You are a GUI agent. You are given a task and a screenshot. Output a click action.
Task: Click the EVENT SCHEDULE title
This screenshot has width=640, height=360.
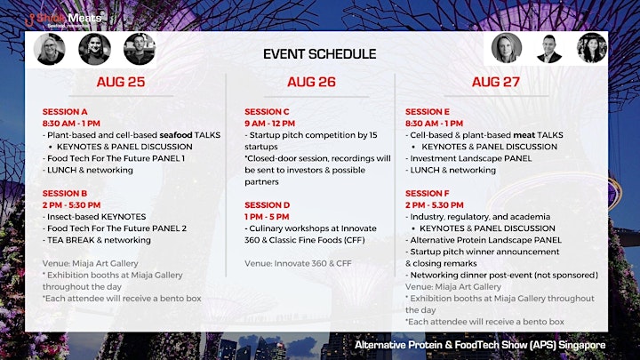(320, 54)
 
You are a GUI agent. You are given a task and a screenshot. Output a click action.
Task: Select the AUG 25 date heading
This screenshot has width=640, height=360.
(121, 82)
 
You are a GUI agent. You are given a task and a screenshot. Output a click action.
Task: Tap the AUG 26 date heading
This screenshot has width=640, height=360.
(311, 82)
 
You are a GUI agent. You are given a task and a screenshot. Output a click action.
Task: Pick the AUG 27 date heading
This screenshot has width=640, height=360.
(496, 82)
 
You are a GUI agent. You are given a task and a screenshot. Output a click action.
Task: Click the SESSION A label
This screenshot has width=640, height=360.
(65, 112)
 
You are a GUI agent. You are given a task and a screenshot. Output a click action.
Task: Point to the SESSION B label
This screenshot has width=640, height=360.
(65, 194)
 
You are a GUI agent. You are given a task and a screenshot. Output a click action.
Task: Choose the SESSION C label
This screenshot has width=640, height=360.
(267, 112)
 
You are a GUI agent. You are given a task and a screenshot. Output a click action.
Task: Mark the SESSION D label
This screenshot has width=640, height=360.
(268, 205)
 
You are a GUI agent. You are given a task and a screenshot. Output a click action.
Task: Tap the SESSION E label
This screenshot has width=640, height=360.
(428, 112)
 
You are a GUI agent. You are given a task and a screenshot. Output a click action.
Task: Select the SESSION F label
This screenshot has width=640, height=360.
(428, 194)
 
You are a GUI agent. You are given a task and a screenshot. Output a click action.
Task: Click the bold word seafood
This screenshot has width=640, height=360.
(176, 135)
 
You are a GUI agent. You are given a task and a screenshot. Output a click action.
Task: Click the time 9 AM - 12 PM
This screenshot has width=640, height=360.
(270, 124)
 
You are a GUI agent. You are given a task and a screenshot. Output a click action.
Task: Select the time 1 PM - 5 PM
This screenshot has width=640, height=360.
(267, 217)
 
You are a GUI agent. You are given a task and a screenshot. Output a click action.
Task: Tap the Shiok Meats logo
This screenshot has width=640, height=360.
(64, 20)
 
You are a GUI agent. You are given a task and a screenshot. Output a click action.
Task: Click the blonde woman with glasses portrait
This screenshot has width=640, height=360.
(50, 50)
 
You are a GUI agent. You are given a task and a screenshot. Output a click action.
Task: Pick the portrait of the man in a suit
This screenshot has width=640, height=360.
(549, 49)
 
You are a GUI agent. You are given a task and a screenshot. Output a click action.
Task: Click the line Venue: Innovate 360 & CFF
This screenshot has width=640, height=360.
(298, 264)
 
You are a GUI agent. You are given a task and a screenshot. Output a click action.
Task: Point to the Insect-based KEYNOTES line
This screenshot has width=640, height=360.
(94, 217)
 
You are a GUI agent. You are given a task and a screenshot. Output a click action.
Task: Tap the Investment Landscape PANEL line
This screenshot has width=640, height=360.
(468, 158)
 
